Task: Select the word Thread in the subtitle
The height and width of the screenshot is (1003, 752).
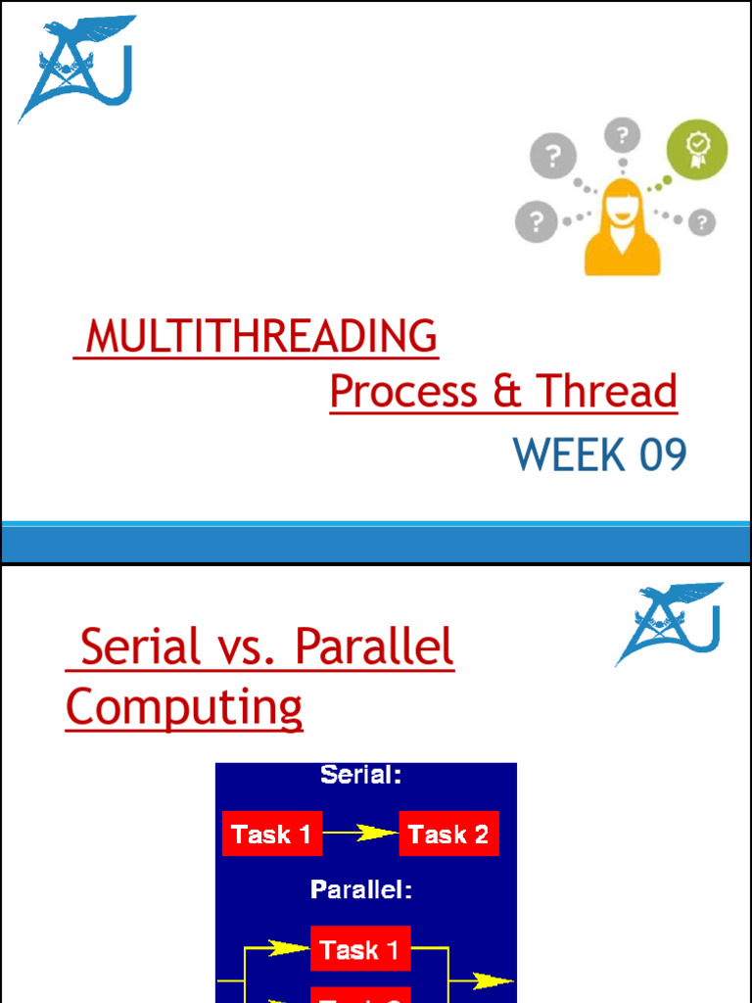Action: tap(607, 392)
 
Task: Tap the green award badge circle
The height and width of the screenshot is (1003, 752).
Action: tap(697, 150)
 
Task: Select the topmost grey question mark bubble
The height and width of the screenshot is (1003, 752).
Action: tap(622, 135)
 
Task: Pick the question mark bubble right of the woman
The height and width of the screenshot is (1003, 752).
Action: tap(701, 223)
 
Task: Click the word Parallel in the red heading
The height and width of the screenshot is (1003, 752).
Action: tap(374, 648)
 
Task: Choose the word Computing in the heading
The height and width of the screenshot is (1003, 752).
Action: tap(184, 707)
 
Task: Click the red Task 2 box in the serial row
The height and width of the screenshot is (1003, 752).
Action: tap(448, 835)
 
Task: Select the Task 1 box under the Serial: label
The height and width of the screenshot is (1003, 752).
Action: tap(272, 835)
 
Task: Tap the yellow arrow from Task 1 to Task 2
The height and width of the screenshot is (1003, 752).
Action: tap(360, 834)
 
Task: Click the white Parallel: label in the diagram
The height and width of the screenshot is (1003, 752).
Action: tap(361, 889)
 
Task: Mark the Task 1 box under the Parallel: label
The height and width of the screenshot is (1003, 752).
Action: tap(360, 949)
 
